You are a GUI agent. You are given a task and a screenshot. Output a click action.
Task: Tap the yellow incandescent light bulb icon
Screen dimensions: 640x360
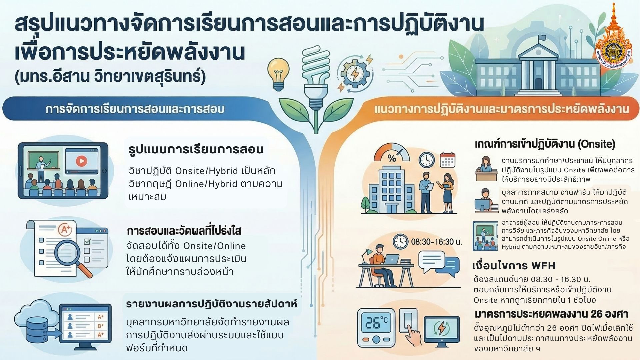[x=278, y=74]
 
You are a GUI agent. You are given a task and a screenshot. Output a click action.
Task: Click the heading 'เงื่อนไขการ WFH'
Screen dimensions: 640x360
[x=514, y=266]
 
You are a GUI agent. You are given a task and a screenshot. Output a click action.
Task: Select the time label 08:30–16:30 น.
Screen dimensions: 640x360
[x=436, y=242]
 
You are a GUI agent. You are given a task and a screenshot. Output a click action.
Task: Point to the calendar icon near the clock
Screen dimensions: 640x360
[x=447, y=160]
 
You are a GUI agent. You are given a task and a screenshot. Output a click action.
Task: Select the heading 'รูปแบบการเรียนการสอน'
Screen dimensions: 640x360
[x=196, y=150]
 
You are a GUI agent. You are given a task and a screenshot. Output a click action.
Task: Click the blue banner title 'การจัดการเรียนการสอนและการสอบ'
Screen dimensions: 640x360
[x=135, y=109]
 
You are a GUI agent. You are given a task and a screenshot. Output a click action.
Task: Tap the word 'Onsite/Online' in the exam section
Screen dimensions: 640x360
[x=215, y=246]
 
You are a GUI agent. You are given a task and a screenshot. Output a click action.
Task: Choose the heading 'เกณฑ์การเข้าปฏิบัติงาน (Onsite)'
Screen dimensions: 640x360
[x=545, y=144]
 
